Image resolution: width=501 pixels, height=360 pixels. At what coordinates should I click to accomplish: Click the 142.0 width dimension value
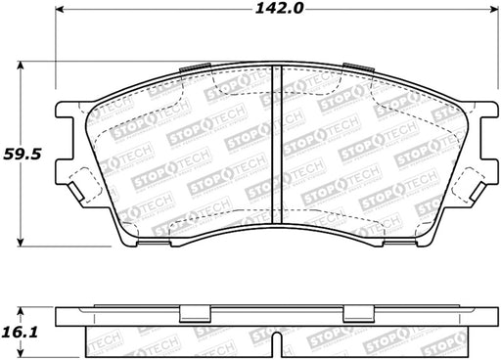tap(279, 8)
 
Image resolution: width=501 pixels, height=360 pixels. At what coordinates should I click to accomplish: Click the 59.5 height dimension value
tap(23, 154)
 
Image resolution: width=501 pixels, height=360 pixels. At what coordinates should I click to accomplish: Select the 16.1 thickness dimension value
tap(20, 333)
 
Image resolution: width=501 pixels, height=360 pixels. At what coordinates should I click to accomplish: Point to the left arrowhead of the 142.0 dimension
tap(60, 9)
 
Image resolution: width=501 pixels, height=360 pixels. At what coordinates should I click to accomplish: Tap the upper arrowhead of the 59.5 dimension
tap(21, 67)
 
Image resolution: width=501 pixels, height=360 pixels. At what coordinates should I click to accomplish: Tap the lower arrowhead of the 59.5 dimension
tap(21, 242)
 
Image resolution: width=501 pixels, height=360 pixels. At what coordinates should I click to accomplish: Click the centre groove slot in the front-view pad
tap(277, 145)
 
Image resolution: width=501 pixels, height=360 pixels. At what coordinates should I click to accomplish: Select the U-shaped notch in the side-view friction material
tap(277, 344)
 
